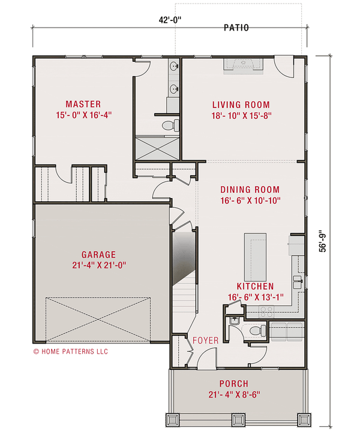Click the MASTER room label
[x=83, y=104]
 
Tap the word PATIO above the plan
[x=236, y=28]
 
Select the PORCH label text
[x=233, y=384]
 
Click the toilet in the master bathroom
[x=170, y=126]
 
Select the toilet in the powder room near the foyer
[x=257, y=330]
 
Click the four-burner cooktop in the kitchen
[x=266, y=311]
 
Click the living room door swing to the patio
[x=284, y=65]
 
